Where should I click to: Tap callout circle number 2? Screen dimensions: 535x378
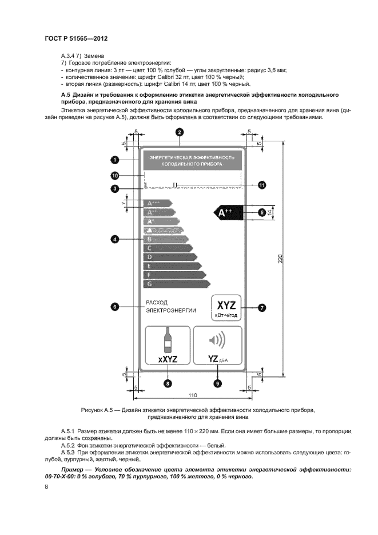coord(180,132)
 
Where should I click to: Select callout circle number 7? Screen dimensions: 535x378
coord(261,307)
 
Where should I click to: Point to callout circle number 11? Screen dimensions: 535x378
coord(261,185)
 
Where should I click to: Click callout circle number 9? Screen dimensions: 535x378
coord(217,384)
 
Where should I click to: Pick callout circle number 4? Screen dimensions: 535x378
coord(115,240)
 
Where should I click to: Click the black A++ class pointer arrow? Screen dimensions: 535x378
coord(228,213)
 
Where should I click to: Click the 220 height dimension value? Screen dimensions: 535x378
coord(280,259)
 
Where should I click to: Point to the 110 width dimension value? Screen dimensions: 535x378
coord(192,395)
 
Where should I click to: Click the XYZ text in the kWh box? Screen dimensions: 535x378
coord(225,303)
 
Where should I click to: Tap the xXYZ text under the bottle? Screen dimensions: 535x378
coord(168,359)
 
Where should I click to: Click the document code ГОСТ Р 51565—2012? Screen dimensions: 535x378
coord(75,38)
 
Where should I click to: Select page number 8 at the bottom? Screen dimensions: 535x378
coord(46,486)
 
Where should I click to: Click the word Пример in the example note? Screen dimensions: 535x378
coord(72,469)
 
